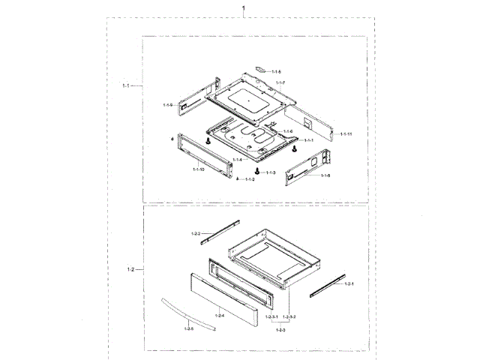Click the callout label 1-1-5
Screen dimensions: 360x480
point(276,71)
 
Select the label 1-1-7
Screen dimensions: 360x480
point(280,81)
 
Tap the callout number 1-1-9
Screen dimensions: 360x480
point(168,104)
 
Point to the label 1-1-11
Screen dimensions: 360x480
point(346,133)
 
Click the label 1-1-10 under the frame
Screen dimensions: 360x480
point(198,170)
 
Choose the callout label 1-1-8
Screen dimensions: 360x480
point(325,175)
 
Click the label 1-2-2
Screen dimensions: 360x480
point(196,235)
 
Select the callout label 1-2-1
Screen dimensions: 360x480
point(348,285)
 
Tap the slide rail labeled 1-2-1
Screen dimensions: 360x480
point(324,284)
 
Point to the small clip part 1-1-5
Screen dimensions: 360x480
point(260,67)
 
